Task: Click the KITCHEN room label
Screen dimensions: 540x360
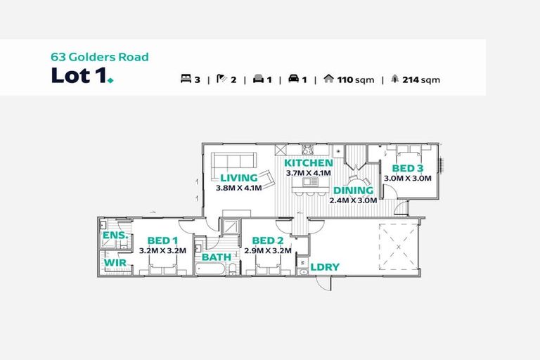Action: coord(308,163)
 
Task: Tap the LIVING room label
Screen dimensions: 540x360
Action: coord(239,178)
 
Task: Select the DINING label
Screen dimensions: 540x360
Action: coord(354,191)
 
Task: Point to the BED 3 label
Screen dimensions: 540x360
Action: coord(408,169)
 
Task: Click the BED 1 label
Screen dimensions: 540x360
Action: coord(162,240)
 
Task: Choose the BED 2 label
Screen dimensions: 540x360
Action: coord(268,240)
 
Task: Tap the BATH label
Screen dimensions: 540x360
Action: coord(217,257)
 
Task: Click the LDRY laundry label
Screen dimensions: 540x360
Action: coord(325,267)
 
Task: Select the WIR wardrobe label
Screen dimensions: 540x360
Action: coord(115,262)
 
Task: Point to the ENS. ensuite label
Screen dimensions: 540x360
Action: coord(116,236)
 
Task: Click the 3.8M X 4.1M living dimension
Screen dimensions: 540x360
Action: coord(238,188)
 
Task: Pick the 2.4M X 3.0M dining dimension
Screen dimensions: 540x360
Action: coord(354,200)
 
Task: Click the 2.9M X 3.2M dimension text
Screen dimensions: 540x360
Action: coord(268,251)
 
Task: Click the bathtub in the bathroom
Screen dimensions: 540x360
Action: coord(210,269)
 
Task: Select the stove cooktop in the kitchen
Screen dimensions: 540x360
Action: coord(307,150)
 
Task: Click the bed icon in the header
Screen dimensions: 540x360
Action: coord(186,79)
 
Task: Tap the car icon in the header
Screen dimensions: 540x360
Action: coord(293,79)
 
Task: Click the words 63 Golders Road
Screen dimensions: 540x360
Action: coord(100,57)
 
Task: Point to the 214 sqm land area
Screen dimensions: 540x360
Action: coord(421,80)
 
